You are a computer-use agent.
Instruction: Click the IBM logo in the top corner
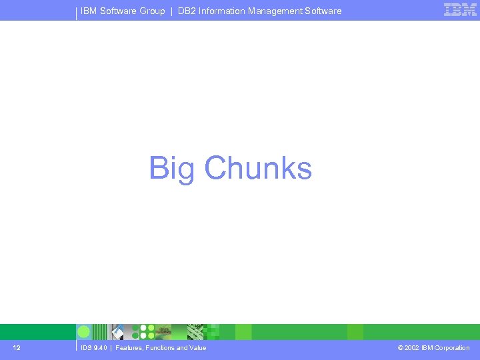pyautogui.click(x=460, y=10)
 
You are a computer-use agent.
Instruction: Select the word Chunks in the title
pyautogui.click(x=258, y=168)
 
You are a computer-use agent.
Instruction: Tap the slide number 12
pyautogui.click(x=17, y=348)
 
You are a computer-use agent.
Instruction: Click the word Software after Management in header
pyautogui.click(x=323, y=11)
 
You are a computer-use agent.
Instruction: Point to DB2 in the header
pyautogui.click(x=187, y=11)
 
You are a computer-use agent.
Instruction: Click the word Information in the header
pyautogui.click(x=222, y=11)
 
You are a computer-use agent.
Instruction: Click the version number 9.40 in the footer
pyautogui.click(x=100, y=348)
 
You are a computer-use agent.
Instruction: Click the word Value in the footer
pyautogui.click(x=197, y=348)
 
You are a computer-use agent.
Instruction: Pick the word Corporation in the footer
pyautogui.click(x=452, y=348)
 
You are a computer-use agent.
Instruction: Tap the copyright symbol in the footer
pyautogui.click(x=400, y=348)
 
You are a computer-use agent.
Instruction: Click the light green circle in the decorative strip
pyautogui.click(x=84, y=332)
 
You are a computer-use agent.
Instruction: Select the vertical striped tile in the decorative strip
pyautogui.click(x=100, y=332)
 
